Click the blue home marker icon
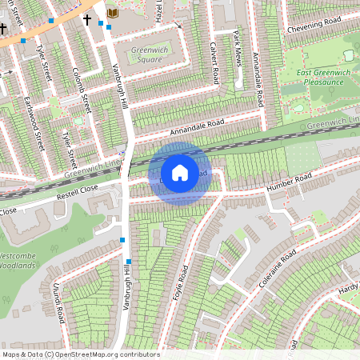pyautogui.click(x=180, y=173)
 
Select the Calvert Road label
pyautogui.click(x=214, y=63)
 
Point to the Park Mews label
pyautogui.click(x=237, y=44)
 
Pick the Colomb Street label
pyautogui.click(x=81, y=90)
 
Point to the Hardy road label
pyautogui.click(x=348, y=288)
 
